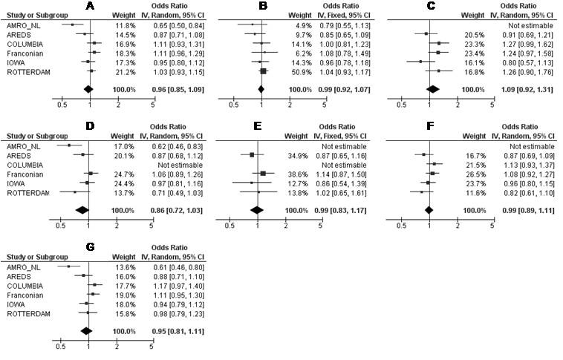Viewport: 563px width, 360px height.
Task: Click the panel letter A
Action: [x=90, y=6]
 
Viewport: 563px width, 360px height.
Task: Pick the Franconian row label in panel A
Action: [x=23, y=53]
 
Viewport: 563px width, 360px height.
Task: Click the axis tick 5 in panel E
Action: [x=319, y=224]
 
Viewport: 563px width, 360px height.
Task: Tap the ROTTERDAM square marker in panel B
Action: [x=263, y=72]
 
